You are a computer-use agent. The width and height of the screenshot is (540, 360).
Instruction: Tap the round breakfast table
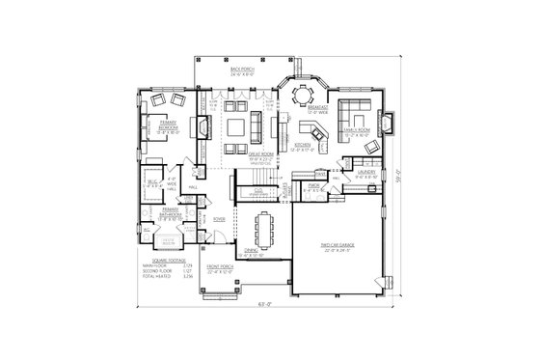pos(302,95)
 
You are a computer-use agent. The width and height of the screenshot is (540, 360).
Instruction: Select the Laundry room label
pos(365,176)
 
